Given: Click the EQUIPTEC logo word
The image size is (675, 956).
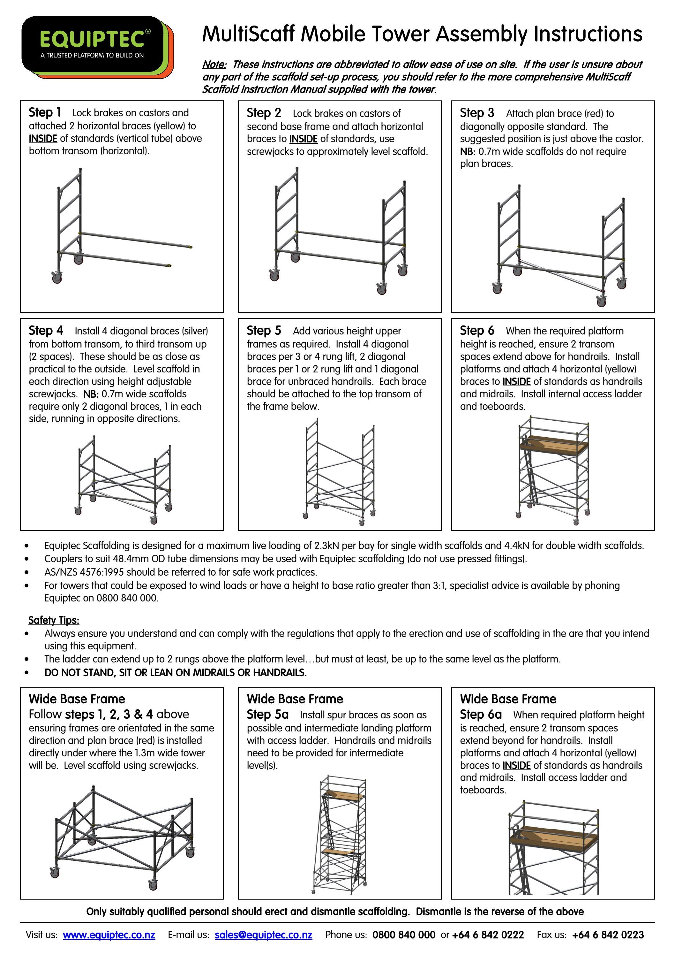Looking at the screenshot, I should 92,40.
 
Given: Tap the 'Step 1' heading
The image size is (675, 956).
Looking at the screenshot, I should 45,112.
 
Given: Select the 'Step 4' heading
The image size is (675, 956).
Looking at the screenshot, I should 45,331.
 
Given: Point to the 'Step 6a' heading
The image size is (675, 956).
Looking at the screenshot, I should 480,715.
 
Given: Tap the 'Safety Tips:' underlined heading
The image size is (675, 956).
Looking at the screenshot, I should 54,620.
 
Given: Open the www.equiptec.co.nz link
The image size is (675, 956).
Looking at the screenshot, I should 109,935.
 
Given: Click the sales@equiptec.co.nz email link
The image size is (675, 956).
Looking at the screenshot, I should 263,935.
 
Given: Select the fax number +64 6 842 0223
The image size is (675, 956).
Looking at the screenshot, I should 608,935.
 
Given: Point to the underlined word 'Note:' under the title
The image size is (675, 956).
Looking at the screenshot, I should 214,65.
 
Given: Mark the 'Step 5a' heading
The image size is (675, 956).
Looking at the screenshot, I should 267,715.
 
